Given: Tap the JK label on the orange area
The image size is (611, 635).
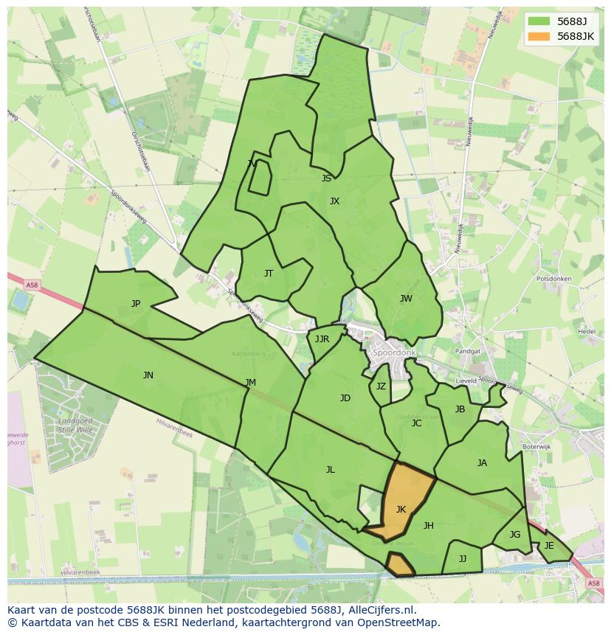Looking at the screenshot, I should (x=401, y=510).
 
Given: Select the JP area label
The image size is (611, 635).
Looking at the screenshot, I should (x=136, y=304).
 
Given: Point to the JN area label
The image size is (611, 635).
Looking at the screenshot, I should (x=148, y=375).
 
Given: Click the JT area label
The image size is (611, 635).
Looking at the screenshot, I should (x=269, y=274).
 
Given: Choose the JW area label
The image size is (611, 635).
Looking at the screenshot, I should (x=406, y=299).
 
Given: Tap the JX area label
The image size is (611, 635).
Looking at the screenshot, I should (x=334, y=201).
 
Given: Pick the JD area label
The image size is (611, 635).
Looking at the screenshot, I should (x=345, y=398).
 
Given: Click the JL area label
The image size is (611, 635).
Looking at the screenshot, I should (x=331, y=470).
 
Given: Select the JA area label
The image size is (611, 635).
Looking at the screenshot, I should (x=482, y=463).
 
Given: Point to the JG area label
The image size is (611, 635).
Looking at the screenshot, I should (x=515, y=535).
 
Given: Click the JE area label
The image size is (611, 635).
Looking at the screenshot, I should (x=549, y=546).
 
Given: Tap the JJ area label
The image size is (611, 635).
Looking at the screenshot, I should (x=463, y=559).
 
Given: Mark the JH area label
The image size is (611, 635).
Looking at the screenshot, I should (x=428, y=526).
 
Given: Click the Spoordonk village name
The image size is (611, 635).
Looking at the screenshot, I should (x=395, y=353).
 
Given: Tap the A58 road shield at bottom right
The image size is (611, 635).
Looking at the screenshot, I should (x=594, y=583).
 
